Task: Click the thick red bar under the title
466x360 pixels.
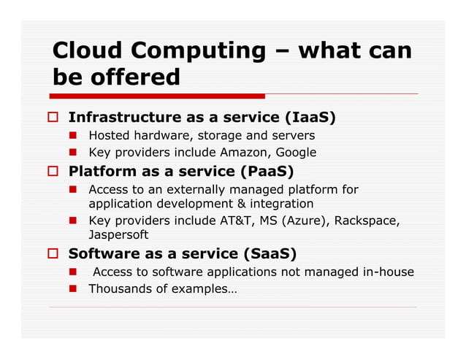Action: (x=157, y=96)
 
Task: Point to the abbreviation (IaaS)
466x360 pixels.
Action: (x=310, y=118)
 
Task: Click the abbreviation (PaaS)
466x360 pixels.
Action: (x=267, y=172)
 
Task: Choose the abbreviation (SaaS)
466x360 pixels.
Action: (x=270, y=253)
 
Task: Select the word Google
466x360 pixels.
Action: (x=297, y=153)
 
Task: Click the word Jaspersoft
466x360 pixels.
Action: (x=118, y=235)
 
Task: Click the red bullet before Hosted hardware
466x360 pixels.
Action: (x=75, y=136)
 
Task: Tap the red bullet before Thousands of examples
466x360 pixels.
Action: (x=75, y=289)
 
